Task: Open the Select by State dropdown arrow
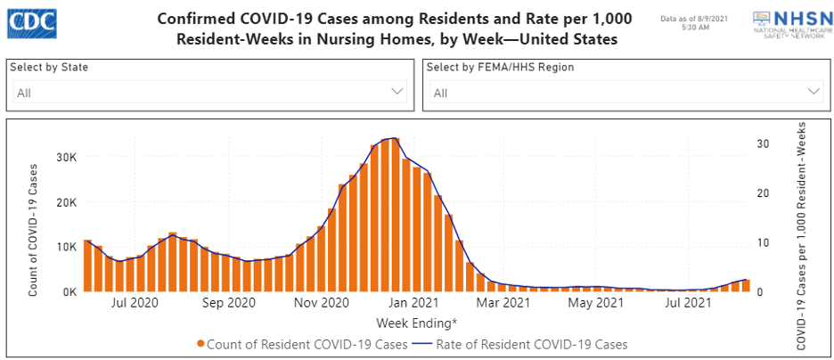point(397,92)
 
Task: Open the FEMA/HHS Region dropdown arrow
point(813,92)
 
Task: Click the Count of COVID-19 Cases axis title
point(33,229)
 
